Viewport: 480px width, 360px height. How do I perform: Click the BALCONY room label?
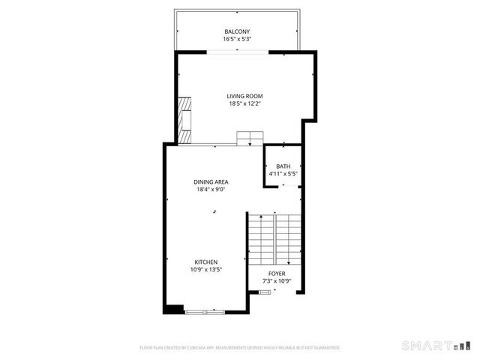236,31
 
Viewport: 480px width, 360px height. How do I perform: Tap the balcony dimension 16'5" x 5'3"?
236,39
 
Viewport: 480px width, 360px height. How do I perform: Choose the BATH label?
283,166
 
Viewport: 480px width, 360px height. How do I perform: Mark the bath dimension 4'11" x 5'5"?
283,175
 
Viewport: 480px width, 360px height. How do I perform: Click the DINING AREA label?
211,181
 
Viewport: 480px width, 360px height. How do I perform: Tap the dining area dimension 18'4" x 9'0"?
211,190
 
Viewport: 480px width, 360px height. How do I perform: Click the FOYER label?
277,274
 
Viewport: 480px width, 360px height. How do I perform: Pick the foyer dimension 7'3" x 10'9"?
277,281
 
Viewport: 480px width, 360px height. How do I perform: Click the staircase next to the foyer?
275,236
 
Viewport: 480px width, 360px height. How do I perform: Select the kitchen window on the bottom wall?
205,310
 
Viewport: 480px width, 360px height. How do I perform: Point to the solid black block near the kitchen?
173,307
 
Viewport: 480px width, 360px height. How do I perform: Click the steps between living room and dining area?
250,137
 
